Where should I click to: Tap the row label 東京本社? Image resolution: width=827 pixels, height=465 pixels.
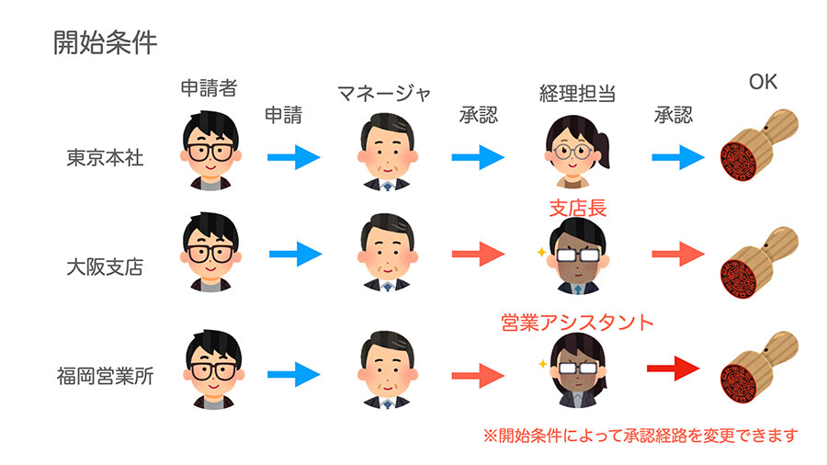(105, 157)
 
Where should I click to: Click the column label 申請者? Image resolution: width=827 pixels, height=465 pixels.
(209, 88)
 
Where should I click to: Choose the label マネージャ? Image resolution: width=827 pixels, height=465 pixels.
(383, 93)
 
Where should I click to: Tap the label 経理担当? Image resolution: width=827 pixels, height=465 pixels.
(576, 93)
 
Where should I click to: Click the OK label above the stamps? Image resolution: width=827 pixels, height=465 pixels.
(762, 83)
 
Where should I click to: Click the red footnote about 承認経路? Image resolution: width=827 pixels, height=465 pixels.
(640, 434)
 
